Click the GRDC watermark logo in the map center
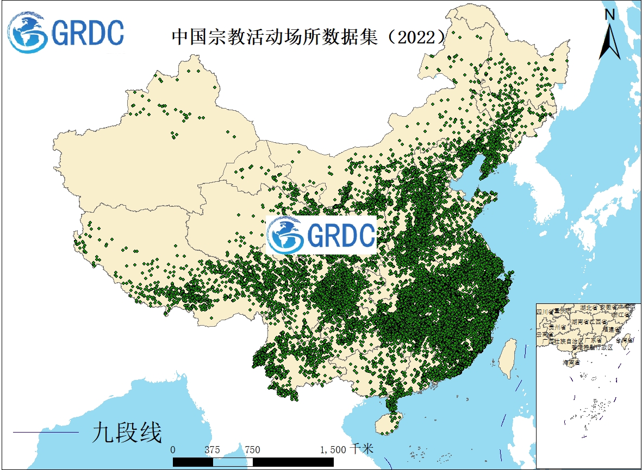pos(322,235)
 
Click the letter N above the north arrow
pos(610,15)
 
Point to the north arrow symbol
pos(610,41)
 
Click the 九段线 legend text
pos(127,433)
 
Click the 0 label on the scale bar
pos(173,450)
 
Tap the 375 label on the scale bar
pos(212,450)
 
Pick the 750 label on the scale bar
pos(252,450)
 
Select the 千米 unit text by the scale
pos(362,449)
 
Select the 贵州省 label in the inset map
pos(558,327)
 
